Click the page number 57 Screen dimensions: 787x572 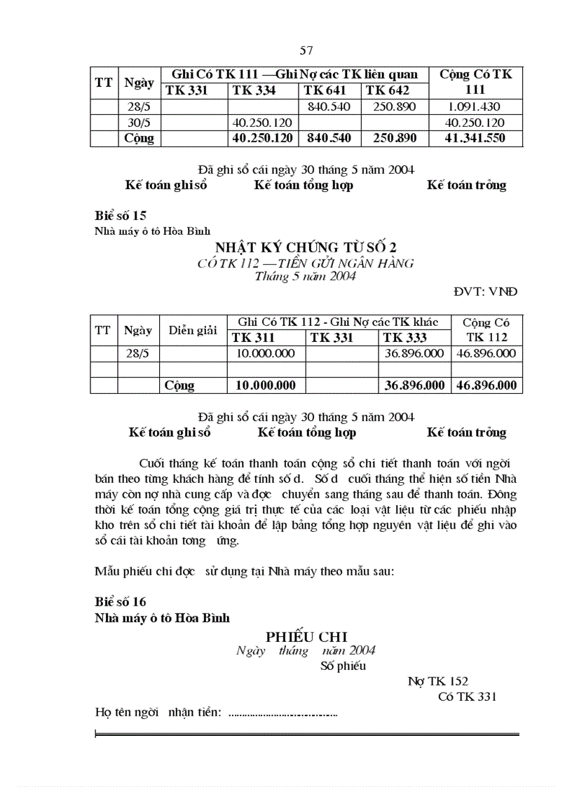coord(306,50)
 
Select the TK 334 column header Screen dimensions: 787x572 coord(254,90)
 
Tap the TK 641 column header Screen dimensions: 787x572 coord(323,90)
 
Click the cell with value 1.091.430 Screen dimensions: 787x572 coord(475,107)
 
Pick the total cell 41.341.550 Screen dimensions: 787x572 coord(475,138)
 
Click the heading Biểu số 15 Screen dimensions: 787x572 coord(121,215)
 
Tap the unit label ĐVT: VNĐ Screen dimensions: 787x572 coord(485,292)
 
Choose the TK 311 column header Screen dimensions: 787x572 coord(254,338)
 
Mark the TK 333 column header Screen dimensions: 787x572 coord(405,338)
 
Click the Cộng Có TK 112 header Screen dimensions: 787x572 coord(486,330)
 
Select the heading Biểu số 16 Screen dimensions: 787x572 coord(121,601)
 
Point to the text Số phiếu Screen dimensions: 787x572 coord(343,666)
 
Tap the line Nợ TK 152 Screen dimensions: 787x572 coord(437,681)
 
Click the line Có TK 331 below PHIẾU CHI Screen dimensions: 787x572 coord(467,697)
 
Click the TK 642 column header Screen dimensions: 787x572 coord(387,90)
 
